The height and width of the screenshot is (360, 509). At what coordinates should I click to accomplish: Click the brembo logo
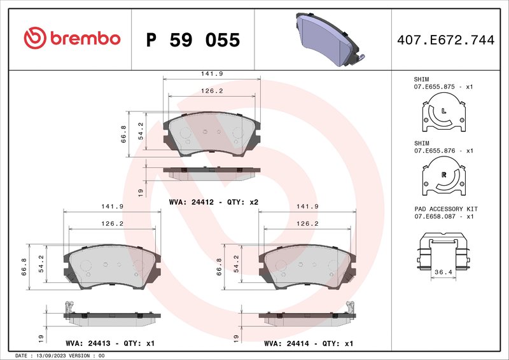pyautogui.click(x=72, y=39)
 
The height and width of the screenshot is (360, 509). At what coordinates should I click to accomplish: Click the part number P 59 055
pyautogui.click(x=193, y=40)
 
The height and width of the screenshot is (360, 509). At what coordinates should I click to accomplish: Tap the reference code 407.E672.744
pyautogui.click(x=445, y=40)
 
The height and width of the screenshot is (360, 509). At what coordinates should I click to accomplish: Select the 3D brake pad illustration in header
pyautogui.click(x=326, y=39)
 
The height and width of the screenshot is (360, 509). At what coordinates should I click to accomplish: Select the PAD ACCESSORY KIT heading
pyautogui.click(x=445, y=209)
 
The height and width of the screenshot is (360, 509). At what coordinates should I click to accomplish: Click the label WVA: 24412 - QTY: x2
pyautogui.click(x=213, y=202)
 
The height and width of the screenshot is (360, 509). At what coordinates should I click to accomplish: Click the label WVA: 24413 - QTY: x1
pyautogui.click(x=110, y=343)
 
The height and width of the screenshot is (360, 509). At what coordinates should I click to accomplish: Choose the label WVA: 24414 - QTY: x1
pyautogui.click(x=309, y=343)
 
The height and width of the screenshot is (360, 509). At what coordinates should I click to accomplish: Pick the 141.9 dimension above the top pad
pyautogui.click(x=212, y=74)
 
